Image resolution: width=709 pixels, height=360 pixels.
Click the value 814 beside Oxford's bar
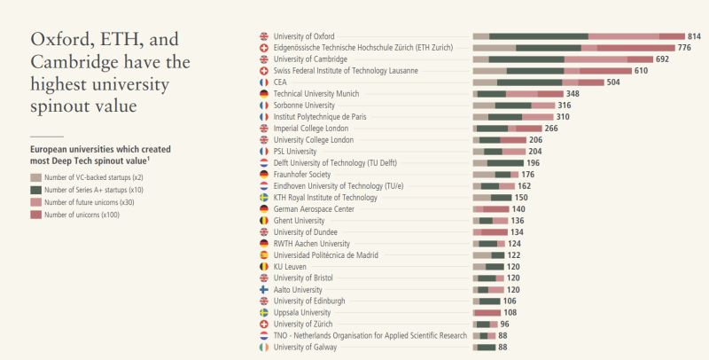click(x=694, y=36)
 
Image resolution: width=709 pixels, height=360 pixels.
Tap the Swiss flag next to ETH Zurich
click(x=263, y=48)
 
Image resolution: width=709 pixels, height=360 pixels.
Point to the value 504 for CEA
click(x=612, y=82)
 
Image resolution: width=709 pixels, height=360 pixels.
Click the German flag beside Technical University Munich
click(x=263, y=94)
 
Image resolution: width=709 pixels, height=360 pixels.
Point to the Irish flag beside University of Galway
click(x=263, y=347)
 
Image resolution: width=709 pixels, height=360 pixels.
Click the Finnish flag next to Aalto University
click(x=263, y=289)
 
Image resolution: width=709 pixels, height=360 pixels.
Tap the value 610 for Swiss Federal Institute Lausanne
click(x=640, y=71)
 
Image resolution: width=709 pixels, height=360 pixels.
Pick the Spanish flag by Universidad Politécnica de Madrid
click(x=263, y=254)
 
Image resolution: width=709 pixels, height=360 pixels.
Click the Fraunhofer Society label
click(x=302, y=175)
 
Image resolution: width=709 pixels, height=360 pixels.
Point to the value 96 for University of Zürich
click(x=504, y=324)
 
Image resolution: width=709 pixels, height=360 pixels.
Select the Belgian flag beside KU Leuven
click(x=263, y=266)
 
